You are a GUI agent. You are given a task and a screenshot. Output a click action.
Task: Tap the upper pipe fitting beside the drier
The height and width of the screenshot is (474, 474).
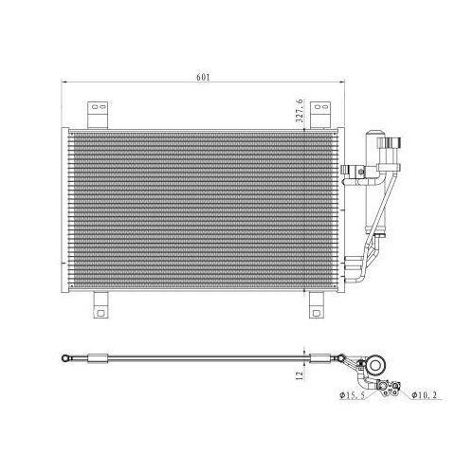point(390,152)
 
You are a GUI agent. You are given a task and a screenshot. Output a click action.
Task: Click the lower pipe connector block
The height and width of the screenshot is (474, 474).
point(355,264)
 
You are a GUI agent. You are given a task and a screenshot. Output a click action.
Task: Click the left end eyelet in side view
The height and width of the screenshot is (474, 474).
point(64,358)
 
